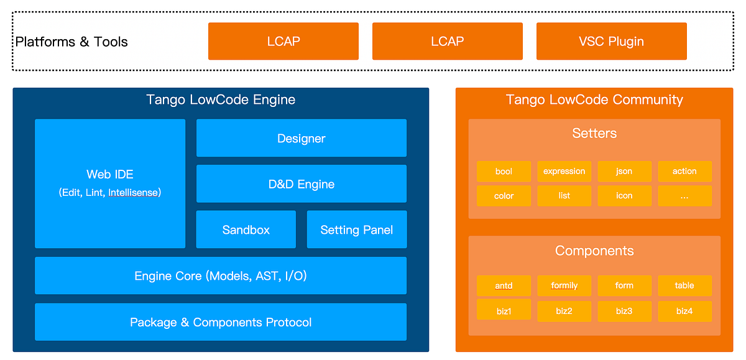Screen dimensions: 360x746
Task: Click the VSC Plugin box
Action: click(611, 42)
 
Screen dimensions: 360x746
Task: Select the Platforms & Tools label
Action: click(71, 42)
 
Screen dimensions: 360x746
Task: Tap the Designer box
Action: click(302, 138)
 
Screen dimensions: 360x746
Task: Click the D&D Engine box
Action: click(302, 184)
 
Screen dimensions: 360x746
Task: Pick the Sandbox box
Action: click(246, 229)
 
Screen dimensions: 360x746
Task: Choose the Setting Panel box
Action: click(356, 229)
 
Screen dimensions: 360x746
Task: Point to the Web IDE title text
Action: click(110, 175)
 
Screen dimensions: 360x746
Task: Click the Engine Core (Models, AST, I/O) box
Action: click(221, 275)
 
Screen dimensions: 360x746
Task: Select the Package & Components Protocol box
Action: click(221, 322)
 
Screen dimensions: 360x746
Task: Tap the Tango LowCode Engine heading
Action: click(221, 99)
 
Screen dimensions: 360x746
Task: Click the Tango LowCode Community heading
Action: click(594, 99)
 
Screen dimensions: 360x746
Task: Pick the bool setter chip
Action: click(504, 172)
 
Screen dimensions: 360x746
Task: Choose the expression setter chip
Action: click(564, 172)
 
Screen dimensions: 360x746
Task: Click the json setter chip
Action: click(624, 172)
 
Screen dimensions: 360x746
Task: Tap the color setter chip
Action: click(504, 196)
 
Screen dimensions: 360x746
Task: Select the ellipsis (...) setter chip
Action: click(684, 196)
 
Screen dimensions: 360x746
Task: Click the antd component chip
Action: click(504, 286)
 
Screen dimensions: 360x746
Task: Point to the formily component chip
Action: click(564, 286)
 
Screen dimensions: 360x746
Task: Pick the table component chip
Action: click(684, 286)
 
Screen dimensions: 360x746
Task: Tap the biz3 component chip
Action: click(624, 310)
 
